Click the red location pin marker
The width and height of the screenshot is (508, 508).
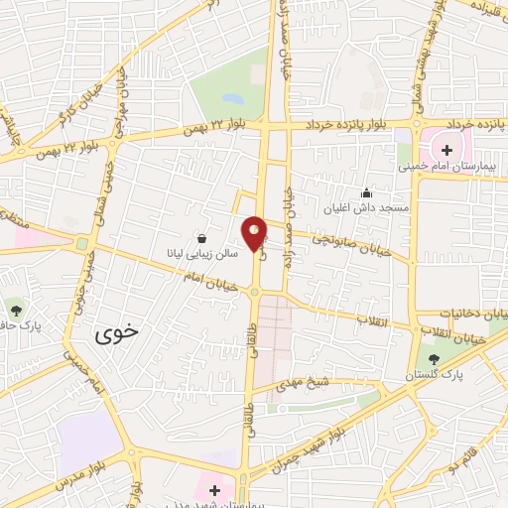pyautogui.click(x=255, y=233)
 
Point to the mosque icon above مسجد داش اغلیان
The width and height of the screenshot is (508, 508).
pyautogui.click(x=366, y=193)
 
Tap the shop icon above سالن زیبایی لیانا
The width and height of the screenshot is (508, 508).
pyautogui.click(x=202, y=238)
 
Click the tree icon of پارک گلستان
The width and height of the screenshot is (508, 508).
pyautogui.click(x=435, y=359)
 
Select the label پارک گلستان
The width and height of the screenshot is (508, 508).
pyautogui.click(x=435, y=376)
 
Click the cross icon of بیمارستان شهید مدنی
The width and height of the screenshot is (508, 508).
pyautogui.click(x=214, y=489)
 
